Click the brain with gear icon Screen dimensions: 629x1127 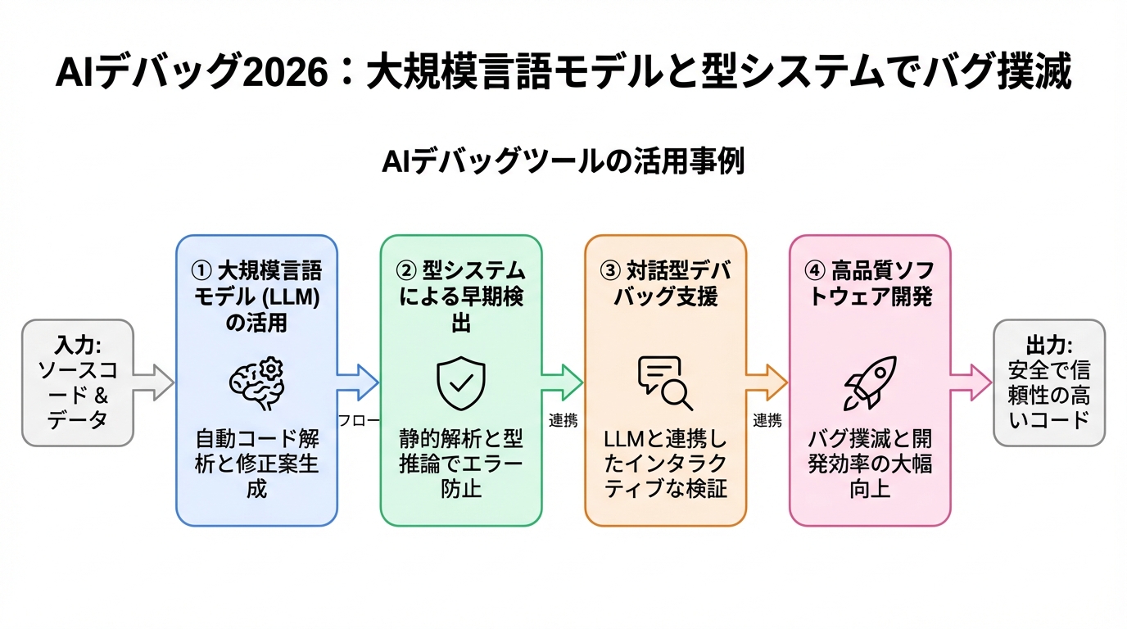[x=256, y=382]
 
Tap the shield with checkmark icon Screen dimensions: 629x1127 [x=461, y=382]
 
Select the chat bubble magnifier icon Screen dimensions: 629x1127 [x=665, y=382]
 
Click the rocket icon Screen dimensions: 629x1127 [x=870, y=382]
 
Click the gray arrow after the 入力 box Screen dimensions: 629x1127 [x=154, y=382]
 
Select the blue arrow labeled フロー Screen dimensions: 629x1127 [x=358, y=382]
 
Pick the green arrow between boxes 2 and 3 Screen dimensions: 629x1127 [x=563, y=382]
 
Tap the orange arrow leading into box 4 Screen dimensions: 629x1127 [x=767, y=382]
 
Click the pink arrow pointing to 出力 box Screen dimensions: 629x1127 [x=971, y=382]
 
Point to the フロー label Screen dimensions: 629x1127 [x=358, y=421]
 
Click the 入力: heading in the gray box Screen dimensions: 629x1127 [x=78, y=345]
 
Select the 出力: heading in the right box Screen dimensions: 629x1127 [x=1049, y=345]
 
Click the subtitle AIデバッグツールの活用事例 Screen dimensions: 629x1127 [x=563, y=161]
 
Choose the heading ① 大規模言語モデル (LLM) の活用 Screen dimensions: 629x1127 [x=256, y=296]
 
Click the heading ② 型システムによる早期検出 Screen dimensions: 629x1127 [x=461, y=296]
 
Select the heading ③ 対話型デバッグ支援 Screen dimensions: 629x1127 [x=665, y=283]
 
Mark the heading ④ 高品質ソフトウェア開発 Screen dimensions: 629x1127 [x=870, y=283]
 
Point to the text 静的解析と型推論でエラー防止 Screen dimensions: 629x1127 [x=461, y=464]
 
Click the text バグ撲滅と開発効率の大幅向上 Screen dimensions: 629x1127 [x=870, y=464]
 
